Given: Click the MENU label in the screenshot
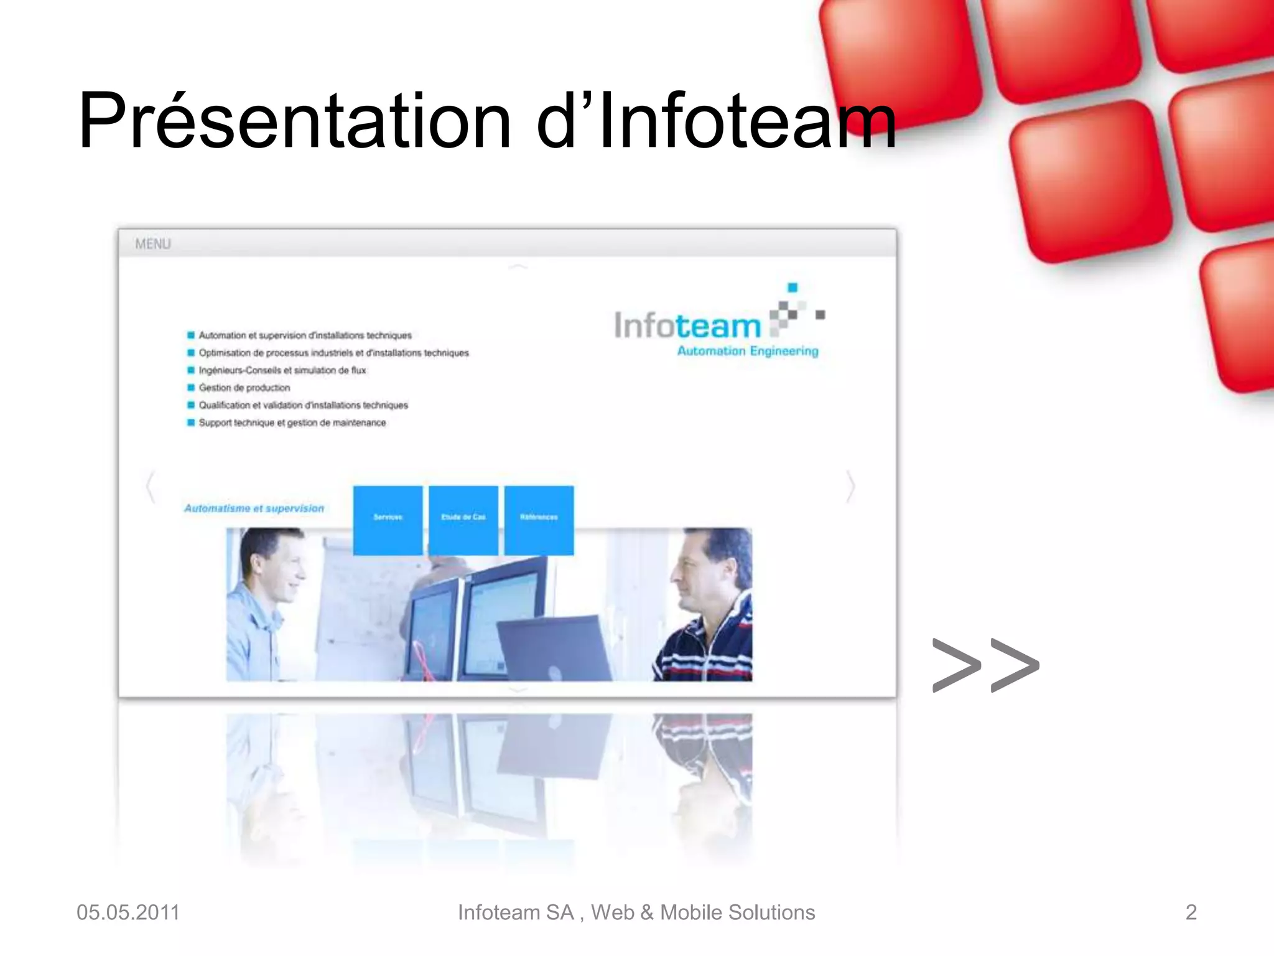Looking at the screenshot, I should pos(152,244).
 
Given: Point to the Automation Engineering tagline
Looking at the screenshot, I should pos(748,351).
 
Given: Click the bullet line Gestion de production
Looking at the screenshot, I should pos(244,388).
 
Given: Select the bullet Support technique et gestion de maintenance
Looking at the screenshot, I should pos(292,423).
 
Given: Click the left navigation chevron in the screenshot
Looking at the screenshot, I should pos(150,487).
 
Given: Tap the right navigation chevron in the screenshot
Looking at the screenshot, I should pos(851,487).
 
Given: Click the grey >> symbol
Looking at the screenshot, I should pos(985,665).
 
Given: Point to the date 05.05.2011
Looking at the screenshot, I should pos(128,912).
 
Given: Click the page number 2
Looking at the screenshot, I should pos(1191,912).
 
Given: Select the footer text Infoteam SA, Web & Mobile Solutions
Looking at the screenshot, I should pos(636,912).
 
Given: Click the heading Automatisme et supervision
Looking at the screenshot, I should pos(254,508).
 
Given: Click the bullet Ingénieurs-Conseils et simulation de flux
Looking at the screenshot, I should pos(282,370).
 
